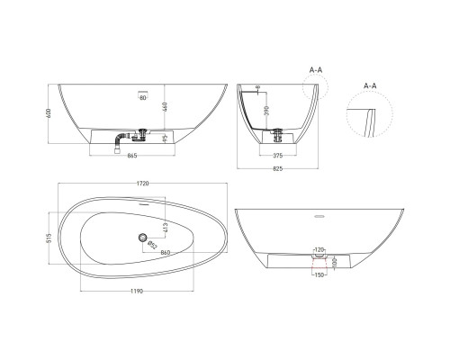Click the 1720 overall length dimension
pyautogui.click(x=143, y=183)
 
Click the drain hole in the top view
pyautogui.click(x=141, y=238)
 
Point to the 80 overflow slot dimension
pyautogui.click(x=142, y=98)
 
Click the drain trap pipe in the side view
pyautogui.click(x=121, y=140)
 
